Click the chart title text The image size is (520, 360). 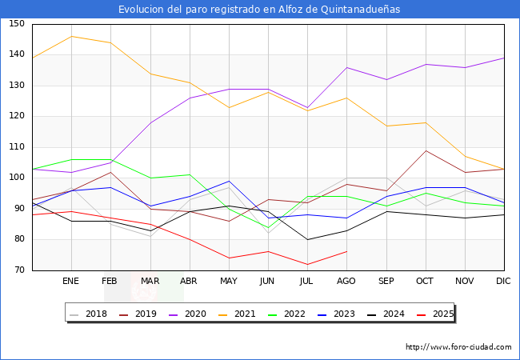point(259,10)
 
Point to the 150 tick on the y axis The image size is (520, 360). point(17,24)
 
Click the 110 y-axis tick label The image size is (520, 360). point(17,147)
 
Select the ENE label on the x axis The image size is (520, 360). point(71,282)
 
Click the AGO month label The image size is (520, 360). point(346,282)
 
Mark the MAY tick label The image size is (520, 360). point(229,282)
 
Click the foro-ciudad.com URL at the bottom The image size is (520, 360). point(458,347)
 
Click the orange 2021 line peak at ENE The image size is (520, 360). point(71,36)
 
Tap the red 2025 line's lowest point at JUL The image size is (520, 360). point(307,264)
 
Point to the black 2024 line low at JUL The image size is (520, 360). point(307,239)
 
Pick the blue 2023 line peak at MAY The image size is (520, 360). point(229,181)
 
